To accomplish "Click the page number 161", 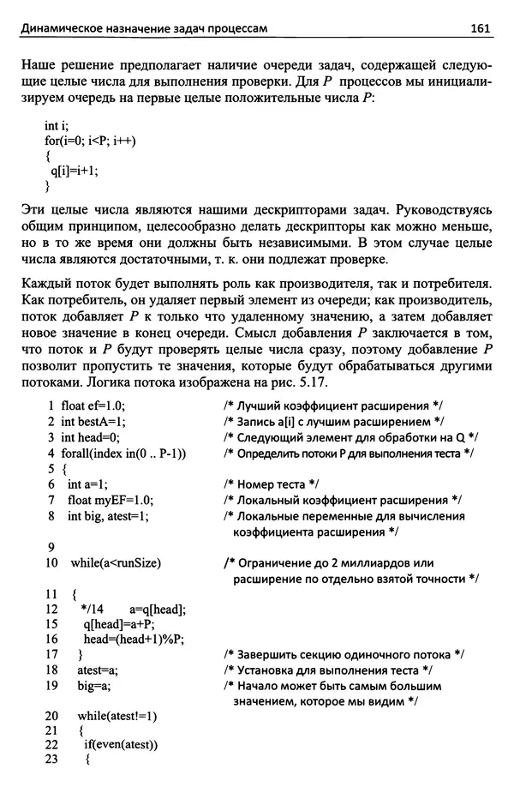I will [479, 28].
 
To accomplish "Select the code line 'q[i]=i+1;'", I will [75, 170].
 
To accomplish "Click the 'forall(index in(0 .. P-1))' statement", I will [124, 453].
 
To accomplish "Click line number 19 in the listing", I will [50, 686].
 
